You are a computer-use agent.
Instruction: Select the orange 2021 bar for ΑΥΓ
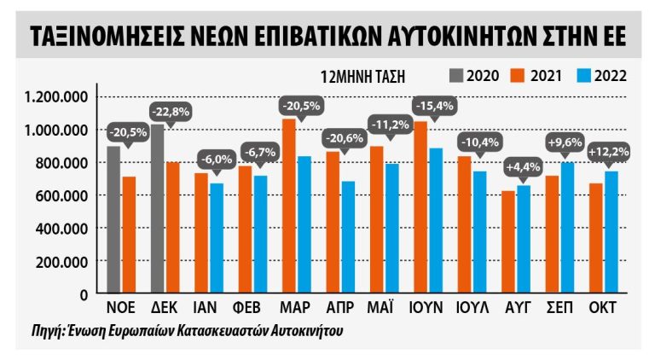508,242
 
